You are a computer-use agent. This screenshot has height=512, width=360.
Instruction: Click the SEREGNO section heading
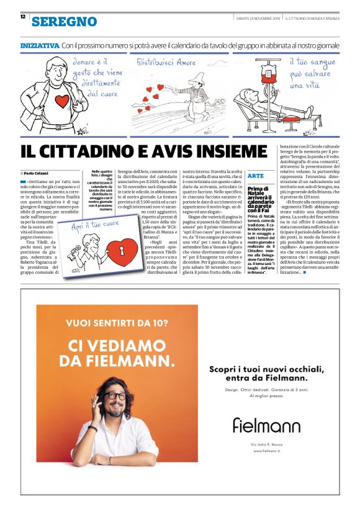tap(65, 21)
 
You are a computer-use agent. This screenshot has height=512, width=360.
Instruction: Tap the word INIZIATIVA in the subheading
tap(40, 45)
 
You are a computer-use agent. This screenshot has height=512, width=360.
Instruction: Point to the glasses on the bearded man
tap(117, 395)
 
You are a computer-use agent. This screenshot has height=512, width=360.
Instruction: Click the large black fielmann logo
tap(266, 425)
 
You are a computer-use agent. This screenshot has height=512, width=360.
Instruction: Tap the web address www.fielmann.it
tap(267, 451)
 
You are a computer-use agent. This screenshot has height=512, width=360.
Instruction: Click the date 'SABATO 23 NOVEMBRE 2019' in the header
tap(257, 19)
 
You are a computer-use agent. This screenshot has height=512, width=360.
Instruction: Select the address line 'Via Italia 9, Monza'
tap(267, 444)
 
